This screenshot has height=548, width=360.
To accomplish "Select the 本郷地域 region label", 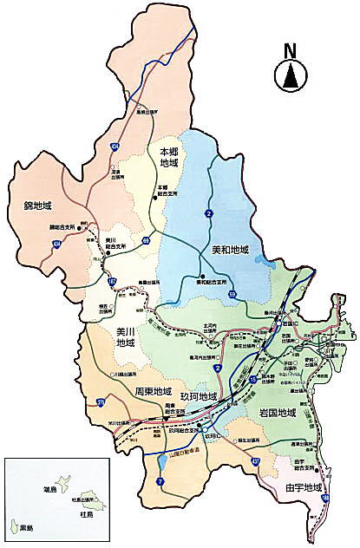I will (x=168, y=157).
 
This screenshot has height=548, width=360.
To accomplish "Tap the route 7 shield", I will (x=160, y=481).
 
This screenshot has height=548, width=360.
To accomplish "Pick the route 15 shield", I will (x=252, y=380).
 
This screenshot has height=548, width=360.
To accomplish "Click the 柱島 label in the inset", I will (x=84, y=513).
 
